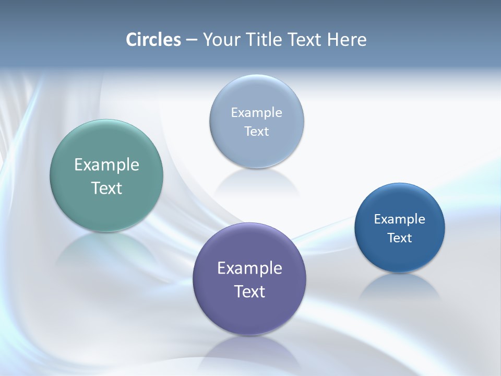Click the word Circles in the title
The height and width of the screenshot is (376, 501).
click(153, 40)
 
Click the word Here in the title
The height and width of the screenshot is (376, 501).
click(347, 40)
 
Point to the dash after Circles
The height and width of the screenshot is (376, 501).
click(191, 40)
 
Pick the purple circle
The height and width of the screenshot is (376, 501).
click(249, 313)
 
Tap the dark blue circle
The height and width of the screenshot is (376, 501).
click(400, 256)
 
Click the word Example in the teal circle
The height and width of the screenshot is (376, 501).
click(106, 165)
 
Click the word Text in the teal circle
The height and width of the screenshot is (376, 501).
click(106, 188)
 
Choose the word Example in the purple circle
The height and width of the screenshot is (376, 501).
click(249, 268)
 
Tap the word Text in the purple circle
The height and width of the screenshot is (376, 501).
click(249, 291)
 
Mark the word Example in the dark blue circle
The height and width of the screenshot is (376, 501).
click(400, 219)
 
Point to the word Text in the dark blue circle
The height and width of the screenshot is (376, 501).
click(400, 238)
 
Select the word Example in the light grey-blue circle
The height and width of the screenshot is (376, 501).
click(257, 113)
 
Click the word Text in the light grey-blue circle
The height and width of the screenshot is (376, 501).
click(257, 132)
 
